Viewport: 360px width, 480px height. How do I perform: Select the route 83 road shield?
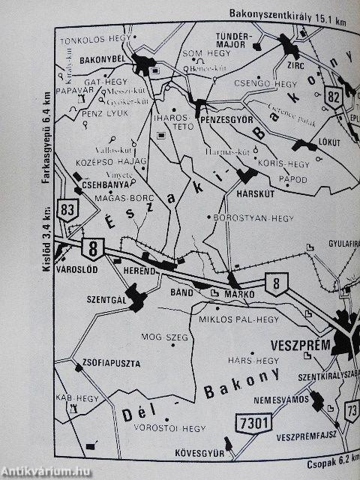tap(70, 209)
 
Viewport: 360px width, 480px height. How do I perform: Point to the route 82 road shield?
tap(334, 95)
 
